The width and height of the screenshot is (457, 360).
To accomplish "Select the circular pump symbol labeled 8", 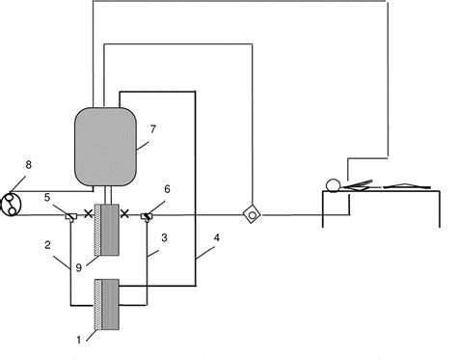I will pos(13,202).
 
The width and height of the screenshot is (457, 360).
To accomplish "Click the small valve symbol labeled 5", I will pos(69,214).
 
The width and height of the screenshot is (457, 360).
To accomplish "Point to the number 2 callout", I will pos(48,247).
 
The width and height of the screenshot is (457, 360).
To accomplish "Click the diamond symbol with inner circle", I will pos(252,214).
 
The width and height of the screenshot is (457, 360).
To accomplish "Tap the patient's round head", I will pos(334,184).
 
